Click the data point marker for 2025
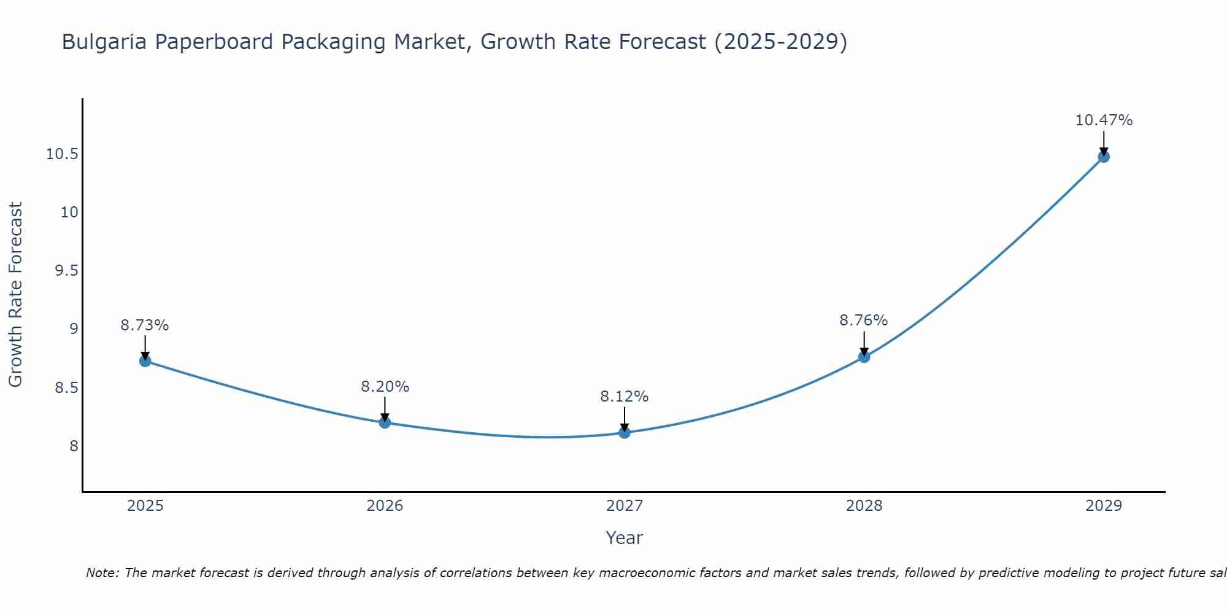click(145, 361)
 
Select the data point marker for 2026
click(385, 422)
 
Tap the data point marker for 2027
click(625, 432)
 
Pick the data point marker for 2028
click(864, 357)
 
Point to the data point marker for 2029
click(1104, 157)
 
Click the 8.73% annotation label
click(145, 325)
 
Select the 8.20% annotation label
click(385, 387)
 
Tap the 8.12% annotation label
click(625, 397)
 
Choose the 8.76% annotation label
click(864, 321)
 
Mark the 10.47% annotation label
click(1104, 120)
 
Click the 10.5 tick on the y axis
click(62, 154)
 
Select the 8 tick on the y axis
click(74, 446)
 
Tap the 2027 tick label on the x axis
click(625, 506)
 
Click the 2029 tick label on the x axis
click(1104, 506)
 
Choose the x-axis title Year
click(625, 538)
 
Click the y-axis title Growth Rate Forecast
click(15, 295)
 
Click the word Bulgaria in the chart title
click(104, 42)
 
